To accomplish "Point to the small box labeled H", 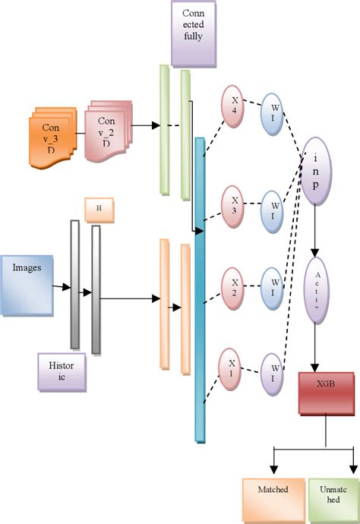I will (x=99, y=210).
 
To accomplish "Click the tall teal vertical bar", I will (x=200, y=289).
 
